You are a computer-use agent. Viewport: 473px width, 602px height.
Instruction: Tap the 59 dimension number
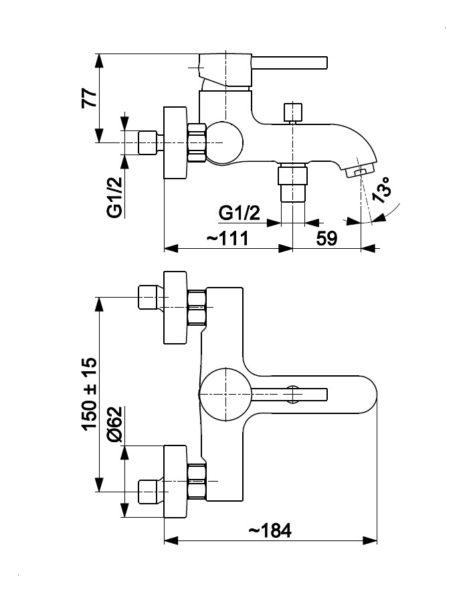[326, 238]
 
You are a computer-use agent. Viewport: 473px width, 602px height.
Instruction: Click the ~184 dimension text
[270, 530]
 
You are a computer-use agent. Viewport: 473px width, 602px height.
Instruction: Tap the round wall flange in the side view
[177, 143]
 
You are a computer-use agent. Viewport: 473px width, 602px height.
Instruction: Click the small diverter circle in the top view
[292, 394]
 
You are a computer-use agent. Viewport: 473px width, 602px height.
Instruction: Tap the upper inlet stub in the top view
[148, 298]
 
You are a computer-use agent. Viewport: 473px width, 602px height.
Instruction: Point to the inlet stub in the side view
[148, 143]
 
